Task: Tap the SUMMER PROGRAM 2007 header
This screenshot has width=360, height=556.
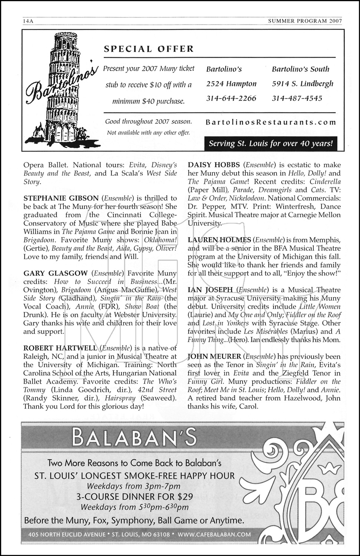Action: point(304,21)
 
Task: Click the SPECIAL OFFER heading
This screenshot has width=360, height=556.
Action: point(149,49)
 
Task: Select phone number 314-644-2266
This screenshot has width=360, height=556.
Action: point(231,98)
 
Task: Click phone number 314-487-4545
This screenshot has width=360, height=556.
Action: point(297,98)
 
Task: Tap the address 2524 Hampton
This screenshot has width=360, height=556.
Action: point(231,84)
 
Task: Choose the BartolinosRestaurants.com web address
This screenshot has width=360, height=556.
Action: point(271,122)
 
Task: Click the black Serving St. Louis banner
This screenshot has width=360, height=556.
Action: point(271,143)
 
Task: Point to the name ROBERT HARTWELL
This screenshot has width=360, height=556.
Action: point(60,348)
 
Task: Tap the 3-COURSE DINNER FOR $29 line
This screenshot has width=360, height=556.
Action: point(134,497)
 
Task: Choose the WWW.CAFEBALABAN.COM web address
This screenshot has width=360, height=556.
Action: point(214,535)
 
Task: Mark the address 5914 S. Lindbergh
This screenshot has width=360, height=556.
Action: point(303,84)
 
